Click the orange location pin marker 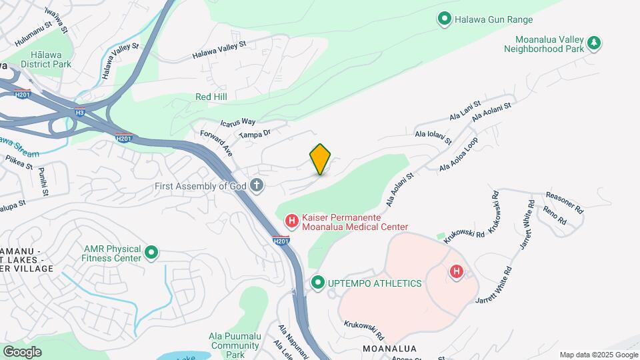(x=321, y=159)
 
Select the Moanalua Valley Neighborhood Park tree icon (x=593, y=43)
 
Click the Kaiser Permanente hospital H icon (x=291, y=220)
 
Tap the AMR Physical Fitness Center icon (x=151, y=253)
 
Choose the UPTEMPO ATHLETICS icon (x=318, y=283)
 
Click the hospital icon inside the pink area (x=457, y=271)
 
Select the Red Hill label (x=211, y=97)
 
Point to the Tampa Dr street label (x=254, y=134)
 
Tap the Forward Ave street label (x=217, y=143)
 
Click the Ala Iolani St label (x=433, y=137)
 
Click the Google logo (x=23, y=351)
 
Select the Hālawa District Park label (x=45, y=59)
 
